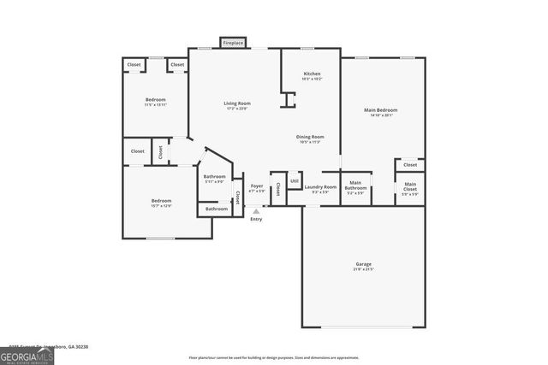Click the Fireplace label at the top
click(x=233, y=43)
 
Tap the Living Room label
click(x=238, y=103)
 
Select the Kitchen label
click(x=312, y=74)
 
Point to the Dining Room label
click(x=310, y=137)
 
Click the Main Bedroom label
click(x=381, y=110)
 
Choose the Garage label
click(x=363, y=264)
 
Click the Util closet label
click(x=294, y=180)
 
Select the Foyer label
click(x=256, y=185)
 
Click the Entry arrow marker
click(x=255, y=211)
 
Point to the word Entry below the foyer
click(x=255, y=220)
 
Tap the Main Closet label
click(x=410, y=185)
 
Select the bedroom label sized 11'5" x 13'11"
click(x=155, y=100)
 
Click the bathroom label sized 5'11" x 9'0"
click(x=214, y=177)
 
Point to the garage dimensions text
click(x=363, y=269)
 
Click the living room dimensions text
click(x=238, y=109)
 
